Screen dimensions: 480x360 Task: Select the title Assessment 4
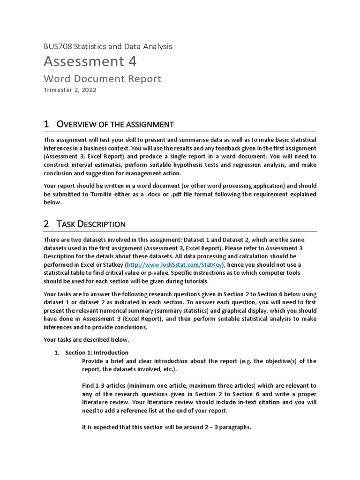(90, 61)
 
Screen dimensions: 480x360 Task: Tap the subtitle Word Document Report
(102, 79)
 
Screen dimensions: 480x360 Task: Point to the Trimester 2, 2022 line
(70, 90)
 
